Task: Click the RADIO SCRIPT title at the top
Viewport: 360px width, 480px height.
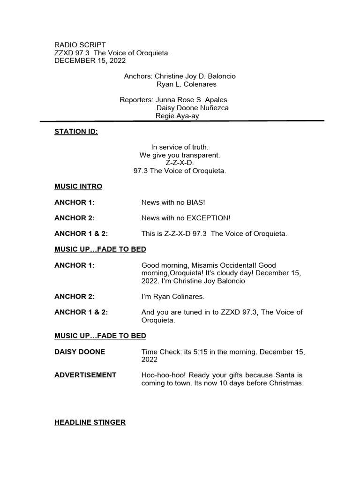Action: click(x=80, y=45)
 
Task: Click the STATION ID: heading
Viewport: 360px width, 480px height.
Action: click(x=76, y=132)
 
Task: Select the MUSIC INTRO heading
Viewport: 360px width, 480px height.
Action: click(x=78, y=186)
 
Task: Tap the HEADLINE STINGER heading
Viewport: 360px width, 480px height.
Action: click(x=90, y=422)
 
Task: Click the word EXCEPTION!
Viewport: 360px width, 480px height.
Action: click(x=209, y=218)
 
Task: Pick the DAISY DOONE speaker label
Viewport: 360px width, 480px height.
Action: click(x=80, y=352)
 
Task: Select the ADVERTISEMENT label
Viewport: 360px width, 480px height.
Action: click(x=85, y=375)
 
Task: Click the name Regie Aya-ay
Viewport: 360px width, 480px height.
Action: click(x=177, y=116)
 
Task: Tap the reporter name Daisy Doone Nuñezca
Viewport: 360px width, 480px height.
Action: click(x=192, y=108)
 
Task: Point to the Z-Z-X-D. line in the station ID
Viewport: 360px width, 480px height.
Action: click(x=180, y=163)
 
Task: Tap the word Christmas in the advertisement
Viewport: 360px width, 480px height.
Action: click(x=286, y=383)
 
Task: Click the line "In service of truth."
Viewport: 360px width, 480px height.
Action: click(x=180, y=147)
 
